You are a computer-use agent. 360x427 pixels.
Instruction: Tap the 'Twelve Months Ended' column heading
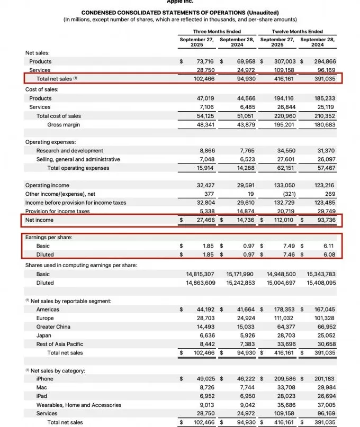tap(297, 32)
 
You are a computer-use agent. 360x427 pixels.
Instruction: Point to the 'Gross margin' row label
tap(64, 125)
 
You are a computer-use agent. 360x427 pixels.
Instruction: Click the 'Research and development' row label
tap(70, 151)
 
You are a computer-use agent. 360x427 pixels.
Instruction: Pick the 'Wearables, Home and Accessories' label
tap(79, 405)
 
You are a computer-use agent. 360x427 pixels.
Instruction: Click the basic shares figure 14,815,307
tap(201, 274)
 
